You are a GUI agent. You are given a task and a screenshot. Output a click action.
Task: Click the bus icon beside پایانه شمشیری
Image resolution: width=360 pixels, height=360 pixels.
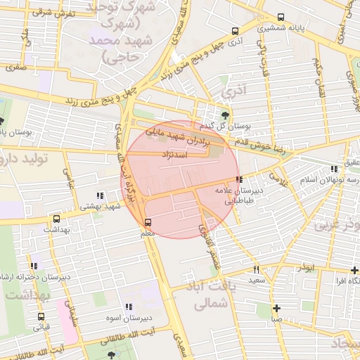pyautogui.click(x=281, y=18)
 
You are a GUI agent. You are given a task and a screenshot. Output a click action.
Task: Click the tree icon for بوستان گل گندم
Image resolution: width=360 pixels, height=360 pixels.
pyautogui.click(x=224, y=115)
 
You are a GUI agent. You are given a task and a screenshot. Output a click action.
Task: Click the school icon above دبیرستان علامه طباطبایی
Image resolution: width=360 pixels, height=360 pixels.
pyautogui.click(x=240, y=179)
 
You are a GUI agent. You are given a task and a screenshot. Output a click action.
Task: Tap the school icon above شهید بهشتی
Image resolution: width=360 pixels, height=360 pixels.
pyautogui.click(x=100, y=195)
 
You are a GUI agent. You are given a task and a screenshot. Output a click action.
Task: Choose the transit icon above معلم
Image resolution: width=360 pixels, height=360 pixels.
pyautogui.click(x=147, y=222)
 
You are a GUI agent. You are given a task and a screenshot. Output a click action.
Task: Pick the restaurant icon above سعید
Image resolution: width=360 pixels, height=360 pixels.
pyautogui.click(x=256, y=269)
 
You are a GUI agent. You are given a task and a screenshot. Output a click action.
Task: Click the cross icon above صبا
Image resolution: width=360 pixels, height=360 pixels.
pyautogui.click(x=276, y=308)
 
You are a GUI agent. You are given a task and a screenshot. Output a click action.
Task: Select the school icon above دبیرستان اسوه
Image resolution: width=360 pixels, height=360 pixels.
pyautogui.click(x=128, y=307)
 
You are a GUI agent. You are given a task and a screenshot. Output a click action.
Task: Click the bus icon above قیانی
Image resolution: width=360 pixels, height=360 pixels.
pyautogui.click(x=39, y=316)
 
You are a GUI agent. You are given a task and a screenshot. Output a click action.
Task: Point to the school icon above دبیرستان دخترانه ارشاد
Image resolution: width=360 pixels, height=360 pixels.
pyautogui.click(x=33, y=266)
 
